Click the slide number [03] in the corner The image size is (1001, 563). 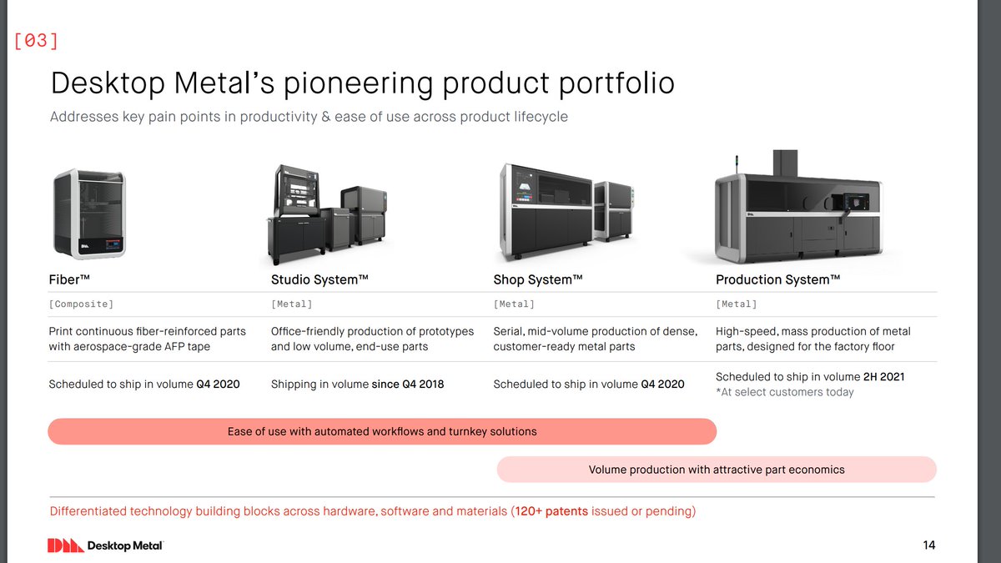36,41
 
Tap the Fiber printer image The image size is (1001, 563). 89,214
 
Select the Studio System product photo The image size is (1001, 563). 327,214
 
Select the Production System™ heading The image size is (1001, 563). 777,279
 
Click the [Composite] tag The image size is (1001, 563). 81,304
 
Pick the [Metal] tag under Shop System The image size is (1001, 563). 514,304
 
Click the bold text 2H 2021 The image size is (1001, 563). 883,377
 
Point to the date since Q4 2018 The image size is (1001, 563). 408,385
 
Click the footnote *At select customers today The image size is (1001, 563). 785,392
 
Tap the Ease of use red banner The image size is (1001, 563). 382,431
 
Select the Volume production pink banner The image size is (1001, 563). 717,470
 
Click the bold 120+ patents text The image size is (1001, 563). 551,510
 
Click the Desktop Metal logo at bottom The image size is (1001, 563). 104,545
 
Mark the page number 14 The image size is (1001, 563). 928,545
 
